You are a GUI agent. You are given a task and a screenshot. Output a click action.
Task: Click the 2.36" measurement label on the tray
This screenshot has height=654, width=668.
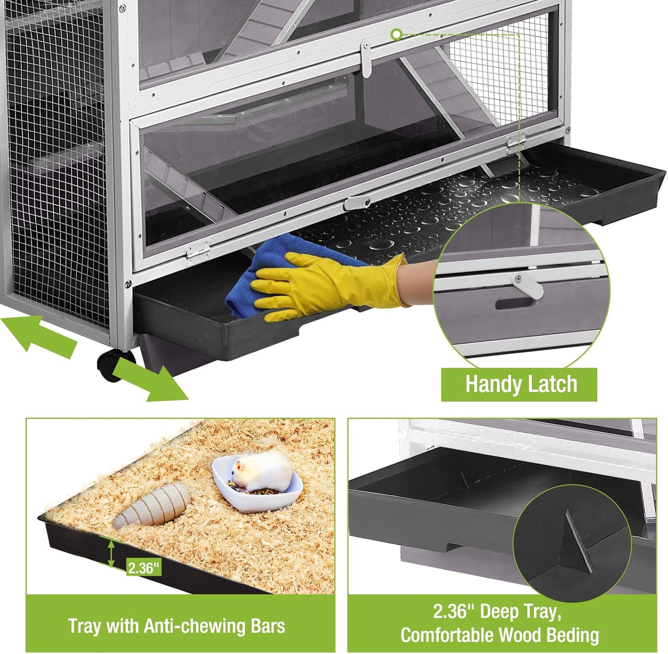pyautogui.click(x=144, y=567)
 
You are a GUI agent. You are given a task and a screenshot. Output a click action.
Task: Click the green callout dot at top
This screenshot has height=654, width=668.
pyautogui.click(x=396, y=34)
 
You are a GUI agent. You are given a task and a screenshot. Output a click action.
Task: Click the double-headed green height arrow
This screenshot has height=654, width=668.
pyautogui.click(x=111, y=554)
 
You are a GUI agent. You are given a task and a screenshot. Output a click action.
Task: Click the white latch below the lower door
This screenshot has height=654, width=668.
pyautogui.click(x=357, y=202)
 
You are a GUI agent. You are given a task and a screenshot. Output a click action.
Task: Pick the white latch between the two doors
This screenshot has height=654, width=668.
pyautogui.click(x=366, y=58)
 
